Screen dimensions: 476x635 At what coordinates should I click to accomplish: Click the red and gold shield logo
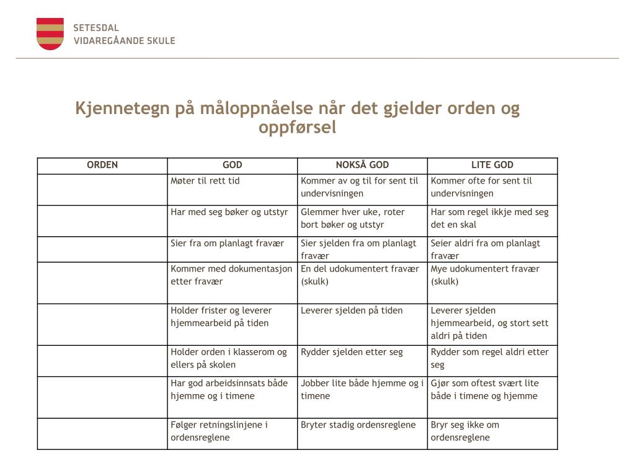point(50,34)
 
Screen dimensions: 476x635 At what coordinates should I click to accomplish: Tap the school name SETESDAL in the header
point(96,28)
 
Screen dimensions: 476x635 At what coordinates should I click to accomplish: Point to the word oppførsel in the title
point(297,128)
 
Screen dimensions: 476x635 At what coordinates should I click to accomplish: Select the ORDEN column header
point(102,165)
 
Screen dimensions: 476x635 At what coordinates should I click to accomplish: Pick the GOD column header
point(233,165)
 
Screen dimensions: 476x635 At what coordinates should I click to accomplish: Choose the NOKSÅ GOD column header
point(362,165)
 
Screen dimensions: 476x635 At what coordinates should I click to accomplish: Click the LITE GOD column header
point(492,165)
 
